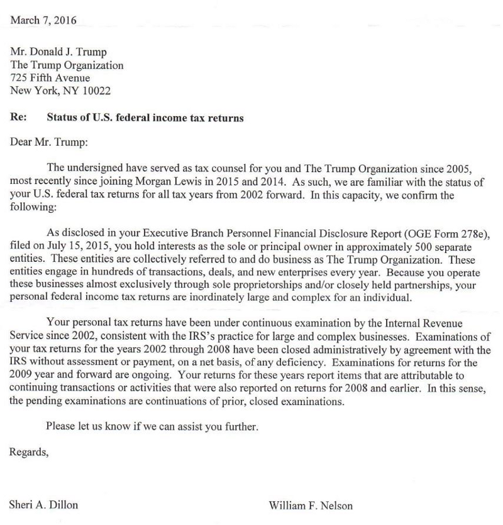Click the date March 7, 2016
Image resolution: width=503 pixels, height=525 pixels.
pyautogui.click(x=43, y=20)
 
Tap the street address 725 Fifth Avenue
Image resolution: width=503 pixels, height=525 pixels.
pyautogui.click(x=50, y=78)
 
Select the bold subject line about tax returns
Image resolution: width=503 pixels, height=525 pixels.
pyautogui.click(x=145, y=117)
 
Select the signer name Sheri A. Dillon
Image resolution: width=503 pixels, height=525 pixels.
pyautogui.click(x=43, y=505)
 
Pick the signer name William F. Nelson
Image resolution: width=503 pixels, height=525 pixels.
pyautogui.click(x=311, y=505)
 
